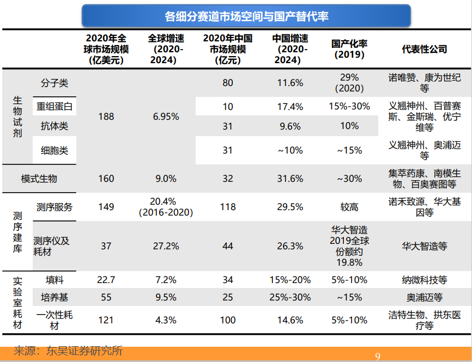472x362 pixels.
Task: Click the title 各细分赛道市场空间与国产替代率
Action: (x=246, y=16)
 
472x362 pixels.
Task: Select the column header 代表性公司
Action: (x=425, y=49)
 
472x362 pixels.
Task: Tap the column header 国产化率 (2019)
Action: (x=349, y=49)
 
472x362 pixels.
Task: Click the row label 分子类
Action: (x=55, y=83)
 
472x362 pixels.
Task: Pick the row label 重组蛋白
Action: (x=55, y=107)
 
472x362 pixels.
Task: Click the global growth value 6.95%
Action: (x=166, y=116)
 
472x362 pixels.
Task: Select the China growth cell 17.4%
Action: (x=290, y=107)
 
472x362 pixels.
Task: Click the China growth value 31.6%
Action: (x=290, y=179)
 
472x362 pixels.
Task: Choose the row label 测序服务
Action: (x=55, y=207)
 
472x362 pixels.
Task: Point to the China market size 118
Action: (x=228, y=207)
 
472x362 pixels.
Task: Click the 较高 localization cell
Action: (x=349, y=207)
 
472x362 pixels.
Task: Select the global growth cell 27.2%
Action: (x=166, y=246)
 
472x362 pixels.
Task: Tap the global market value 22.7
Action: (x=106, y=280)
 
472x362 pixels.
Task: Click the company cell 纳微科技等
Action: (x=425, y=280)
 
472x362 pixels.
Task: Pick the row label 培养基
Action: (x=55, y=297)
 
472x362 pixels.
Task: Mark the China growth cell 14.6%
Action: (x=290, y=320)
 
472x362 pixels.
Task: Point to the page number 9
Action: (x=378, y=357)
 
